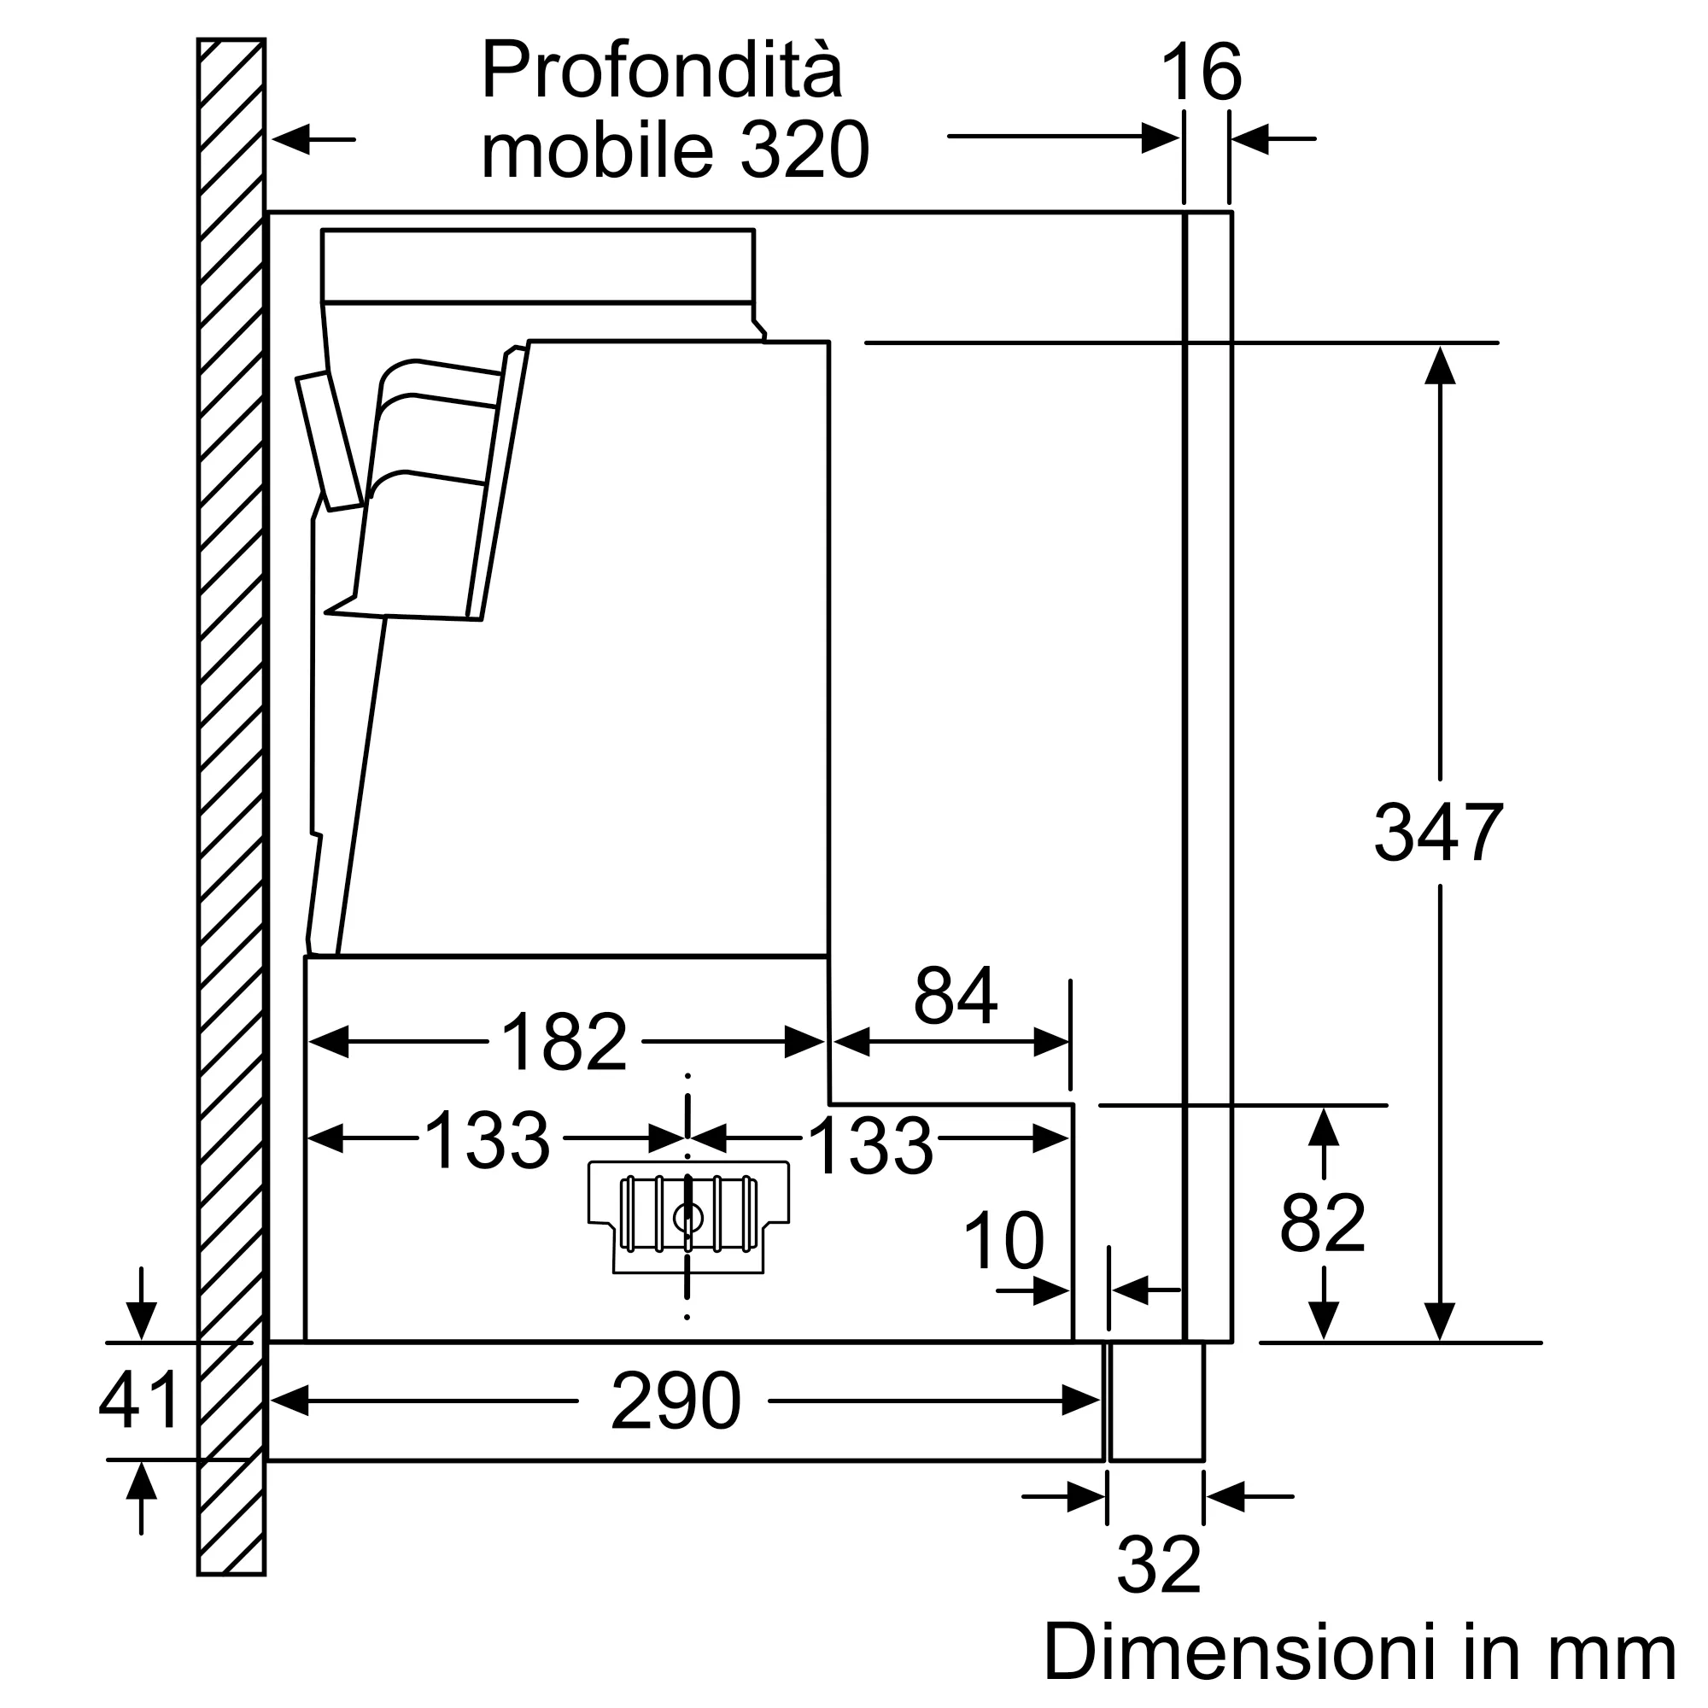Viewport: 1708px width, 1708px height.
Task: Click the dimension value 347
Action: [1437, 832]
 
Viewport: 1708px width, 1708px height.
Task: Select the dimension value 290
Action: [676, 1401]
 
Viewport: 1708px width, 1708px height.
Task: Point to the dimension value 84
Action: [956, 996]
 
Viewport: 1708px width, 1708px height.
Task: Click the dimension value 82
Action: [1323, 1224]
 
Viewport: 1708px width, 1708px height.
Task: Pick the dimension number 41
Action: [140, 1401]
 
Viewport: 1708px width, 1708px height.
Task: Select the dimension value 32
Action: [1158, 1565]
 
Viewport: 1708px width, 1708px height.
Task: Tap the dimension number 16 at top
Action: [1202, 74]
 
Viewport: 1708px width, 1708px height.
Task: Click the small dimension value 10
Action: [1003, 1241]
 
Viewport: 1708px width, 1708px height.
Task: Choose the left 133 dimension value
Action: [487, 1141]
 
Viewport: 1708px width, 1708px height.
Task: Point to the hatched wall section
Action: [231, 796]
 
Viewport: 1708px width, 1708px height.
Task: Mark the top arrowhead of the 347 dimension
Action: [1440, 365]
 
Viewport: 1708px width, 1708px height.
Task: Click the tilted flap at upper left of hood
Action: [328, 442]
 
